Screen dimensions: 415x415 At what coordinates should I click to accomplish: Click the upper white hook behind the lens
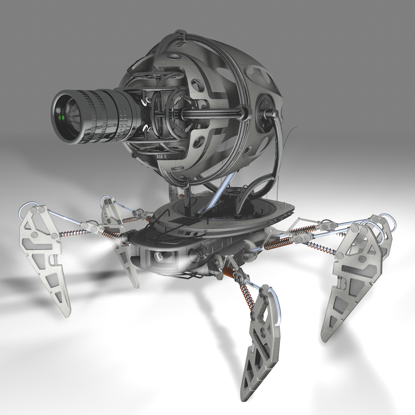(x=146, y=101)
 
